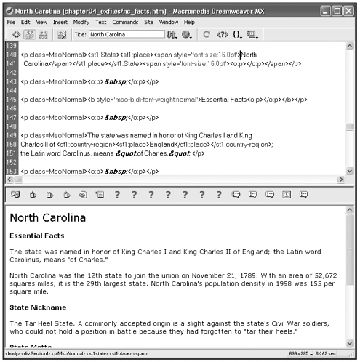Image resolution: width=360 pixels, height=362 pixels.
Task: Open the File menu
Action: tap(12, 23)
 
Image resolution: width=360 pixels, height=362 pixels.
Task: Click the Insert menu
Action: tap(60, 23)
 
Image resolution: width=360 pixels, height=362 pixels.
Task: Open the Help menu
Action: tap(189, 23)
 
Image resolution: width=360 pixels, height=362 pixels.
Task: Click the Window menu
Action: tap(169, 23)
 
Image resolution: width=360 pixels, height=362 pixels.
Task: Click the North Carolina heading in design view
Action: tap(48, 217)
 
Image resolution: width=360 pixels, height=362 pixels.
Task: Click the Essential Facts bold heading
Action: tap(36, 236)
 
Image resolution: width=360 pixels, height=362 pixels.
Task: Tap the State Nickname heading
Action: tap(38, 307)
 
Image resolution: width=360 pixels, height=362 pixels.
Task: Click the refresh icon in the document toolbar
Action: tap(207, 34)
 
